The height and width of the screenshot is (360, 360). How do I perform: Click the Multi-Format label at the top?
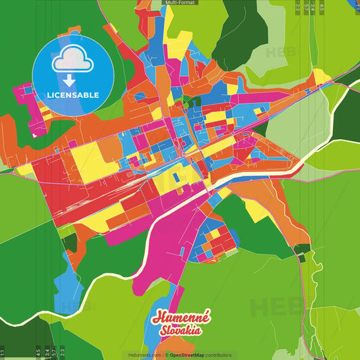click(180, 3)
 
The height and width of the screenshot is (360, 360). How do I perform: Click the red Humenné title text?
click(181, 317)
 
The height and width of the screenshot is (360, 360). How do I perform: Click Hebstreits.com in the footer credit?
click(143, 355)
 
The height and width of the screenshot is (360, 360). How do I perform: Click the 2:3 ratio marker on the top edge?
click(298, 7)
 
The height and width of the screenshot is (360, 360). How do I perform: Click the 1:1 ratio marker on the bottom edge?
click(3, 352)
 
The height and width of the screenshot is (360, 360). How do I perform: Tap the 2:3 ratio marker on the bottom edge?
click(62, 352)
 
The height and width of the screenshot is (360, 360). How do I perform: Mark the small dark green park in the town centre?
click(190, 102)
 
